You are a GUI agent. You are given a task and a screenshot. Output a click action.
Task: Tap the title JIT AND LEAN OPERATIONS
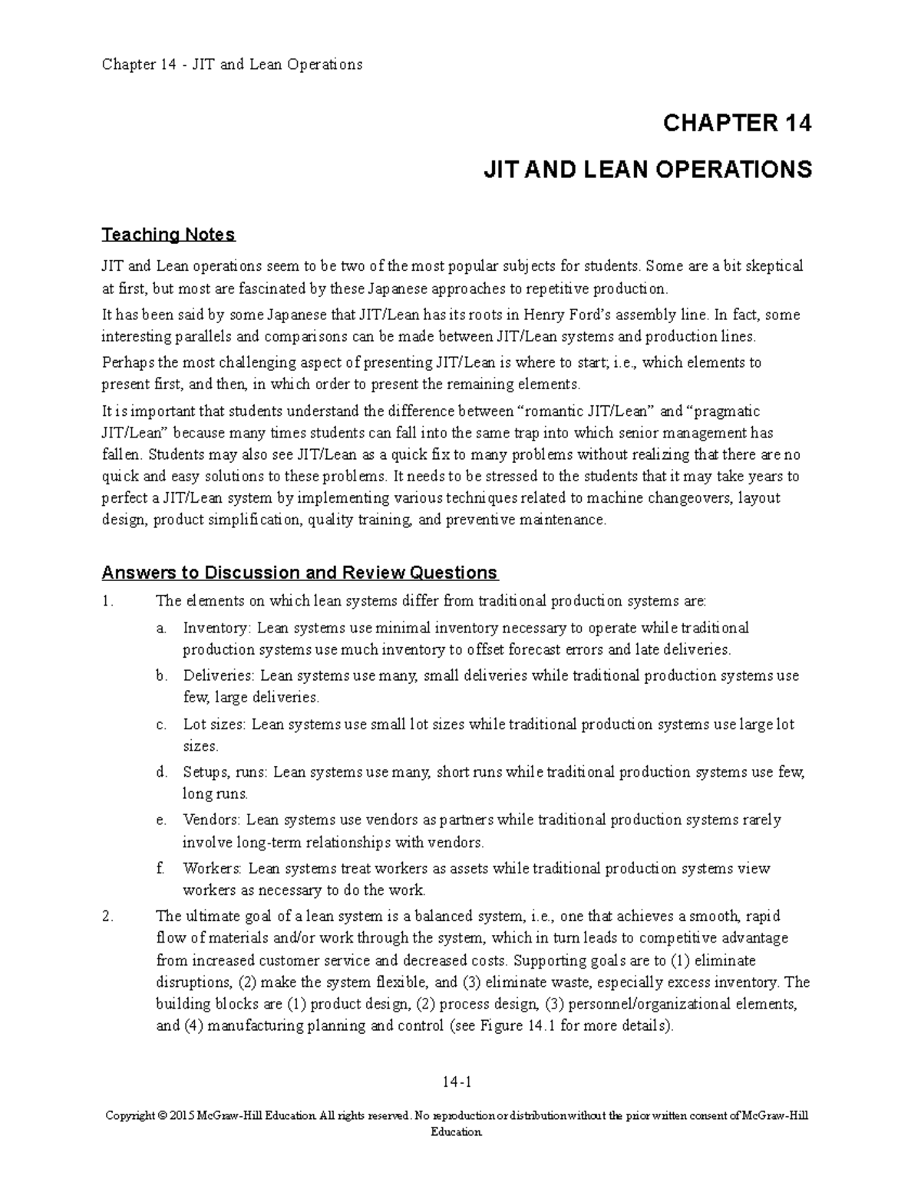[x=647, y=170]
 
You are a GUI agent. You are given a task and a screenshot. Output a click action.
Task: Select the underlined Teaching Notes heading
[x=168, y=234]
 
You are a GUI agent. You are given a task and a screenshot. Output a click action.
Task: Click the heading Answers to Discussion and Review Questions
[x=299, y=573]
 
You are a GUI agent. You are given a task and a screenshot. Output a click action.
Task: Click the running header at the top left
[x=232, y=64]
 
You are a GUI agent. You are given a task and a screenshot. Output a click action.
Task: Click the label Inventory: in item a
[x=216, y=628]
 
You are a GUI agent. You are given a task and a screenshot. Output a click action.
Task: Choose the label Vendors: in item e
[x=212, y=821]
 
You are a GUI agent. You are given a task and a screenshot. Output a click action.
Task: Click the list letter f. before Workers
[x=160, y=869]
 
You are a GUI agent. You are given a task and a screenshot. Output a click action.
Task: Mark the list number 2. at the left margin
[x=107, y=916]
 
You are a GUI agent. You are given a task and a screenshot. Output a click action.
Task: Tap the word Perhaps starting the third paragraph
[x=127, y=363]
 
